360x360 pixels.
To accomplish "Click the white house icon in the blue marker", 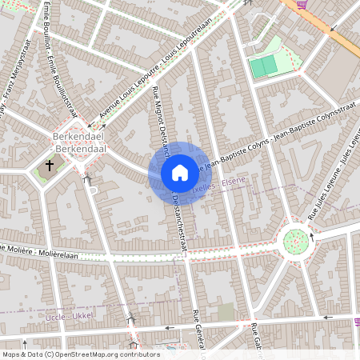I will pyautogui.click(x=179, y=172).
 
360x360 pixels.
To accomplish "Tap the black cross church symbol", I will pyautogui.click(x=50, y=166).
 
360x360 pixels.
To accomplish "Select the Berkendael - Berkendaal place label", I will pyautogui.click(x=74, y=142).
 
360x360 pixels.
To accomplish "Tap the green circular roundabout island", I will pyautogui.click(x=296, y=239).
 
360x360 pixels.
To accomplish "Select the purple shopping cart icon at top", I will pyautogui.click(x=301, y=4).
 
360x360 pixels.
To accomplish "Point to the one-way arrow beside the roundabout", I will pyautogui.click(x=313, y=238).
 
